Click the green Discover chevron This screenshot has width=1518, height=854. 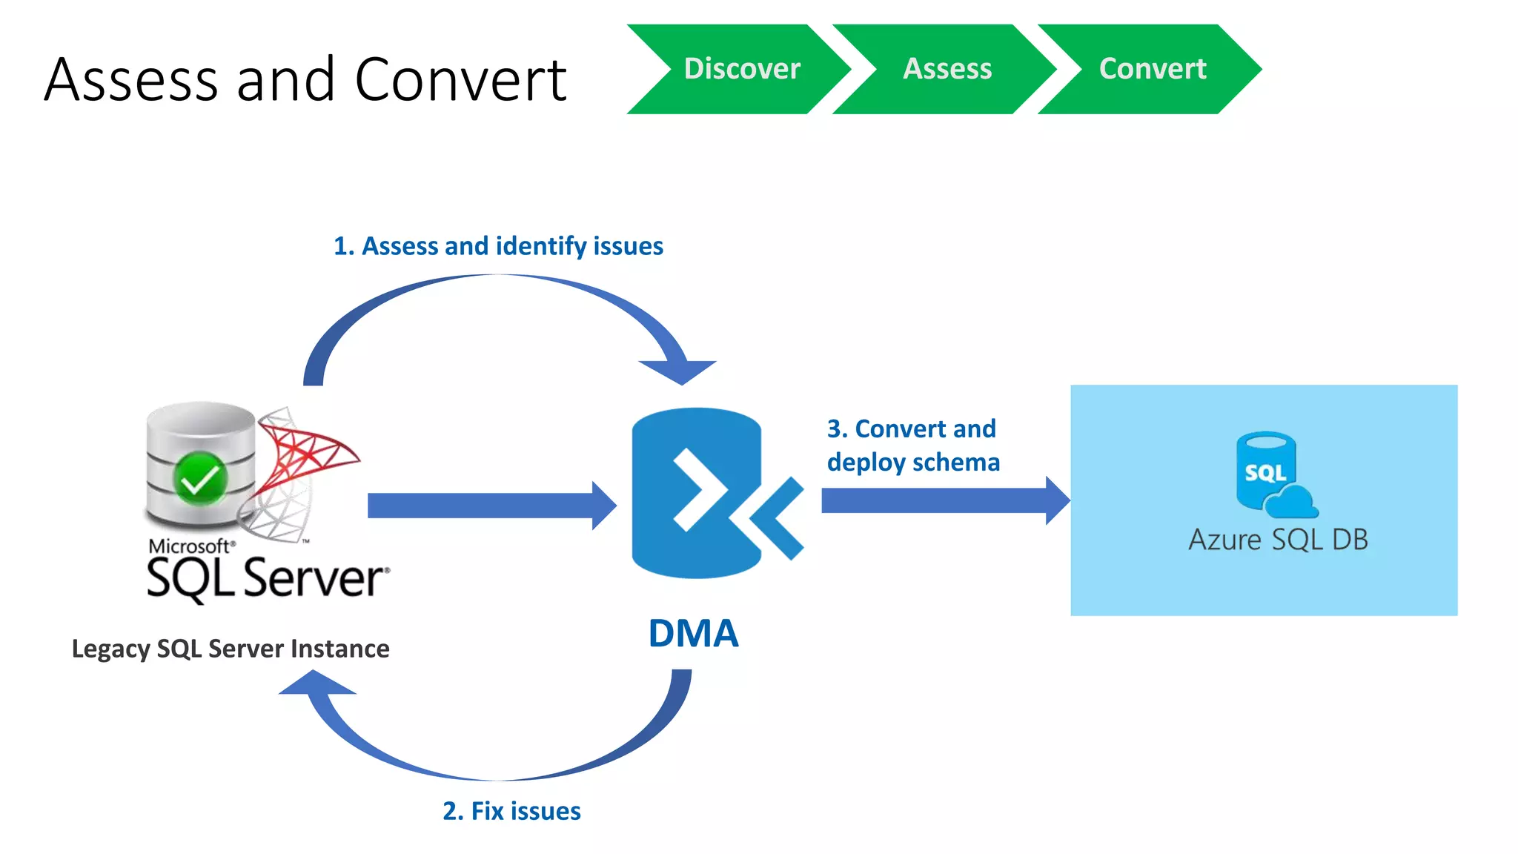741,69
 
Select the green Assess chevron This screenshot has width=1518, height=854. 947,69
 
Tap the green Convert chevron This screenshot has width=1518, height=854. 1152,69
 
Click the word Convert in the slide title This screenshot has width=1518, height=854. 460,80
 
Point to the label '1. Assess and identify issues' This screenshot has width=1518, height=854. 498,246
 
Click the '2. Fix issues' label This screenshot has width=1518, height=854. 511,811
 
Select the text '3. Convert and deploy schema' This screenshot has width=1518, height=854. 913,446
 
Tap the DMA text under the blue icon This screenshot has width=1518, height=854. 693,634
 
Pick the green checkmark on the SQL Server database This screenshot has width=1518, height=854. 199,478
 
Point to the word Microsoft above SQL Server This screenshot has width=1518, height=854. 190,546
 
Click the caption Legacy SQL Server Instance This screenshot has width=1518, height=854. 231,649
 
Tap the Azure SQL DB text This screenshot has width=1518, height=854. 1278,540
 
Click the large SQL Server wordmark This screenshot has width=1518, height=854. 267,578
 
